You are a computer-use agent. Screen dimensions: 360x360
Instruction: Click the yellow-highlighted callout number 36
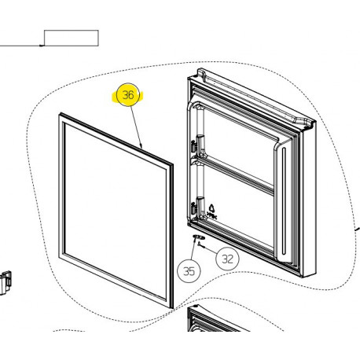[128, 95]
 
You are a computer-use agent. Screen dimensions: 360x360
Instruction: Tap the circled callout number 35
[189, 271]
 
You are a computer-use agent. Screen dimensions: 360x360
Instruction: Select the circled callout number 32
[227, 259]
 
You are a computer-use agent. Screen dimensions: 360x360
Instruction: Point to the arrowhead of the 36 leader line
[141, 146]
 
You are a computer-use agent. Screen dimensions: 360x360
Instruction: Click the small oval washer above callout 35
[199, 237]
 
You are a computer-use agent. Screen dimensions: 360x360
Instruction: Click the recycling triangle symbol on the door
[211, 209]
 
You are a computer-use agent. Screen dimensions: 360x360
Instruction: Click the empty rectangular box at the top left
[72, 38]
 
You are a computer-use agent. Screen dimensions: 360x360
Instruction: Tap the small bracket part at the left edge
[6, 282]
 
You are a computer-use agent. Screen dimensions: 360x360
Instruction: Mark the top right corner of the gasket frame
[173, 165]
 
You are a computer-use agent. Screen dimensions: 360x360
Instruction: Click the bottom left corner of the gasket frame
[59, 258]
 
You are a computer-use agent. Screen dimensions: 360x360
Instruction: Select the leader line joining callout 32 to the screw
[210, 250]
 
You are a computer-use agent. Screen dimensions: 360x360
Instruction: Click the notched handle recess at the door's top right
[304, 123]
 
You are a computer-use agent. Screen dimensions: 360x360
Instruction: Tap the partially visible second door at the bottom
[213, 319]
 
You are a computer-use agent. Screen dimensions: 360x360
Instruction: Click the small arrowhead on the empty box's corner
[42, 46]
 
